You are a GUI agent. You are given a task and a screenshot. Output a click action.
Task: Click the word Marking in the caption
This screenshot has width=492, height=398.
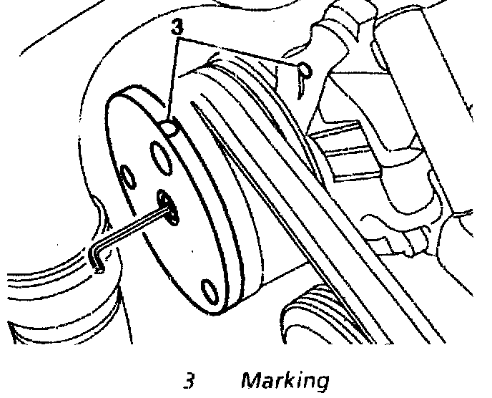coord(285,380)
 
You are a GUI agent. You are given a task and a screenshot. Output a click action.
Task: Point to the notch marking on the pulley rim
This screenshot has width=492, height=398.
coord(170,127)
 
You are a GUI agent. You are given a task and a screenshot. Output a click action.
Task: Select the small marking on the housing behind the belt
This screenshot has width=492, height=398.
coord(305,69)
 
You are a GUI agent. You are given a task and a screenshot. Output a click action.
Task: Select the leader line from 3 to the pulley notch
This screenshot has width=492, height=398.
coord(174,79)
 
